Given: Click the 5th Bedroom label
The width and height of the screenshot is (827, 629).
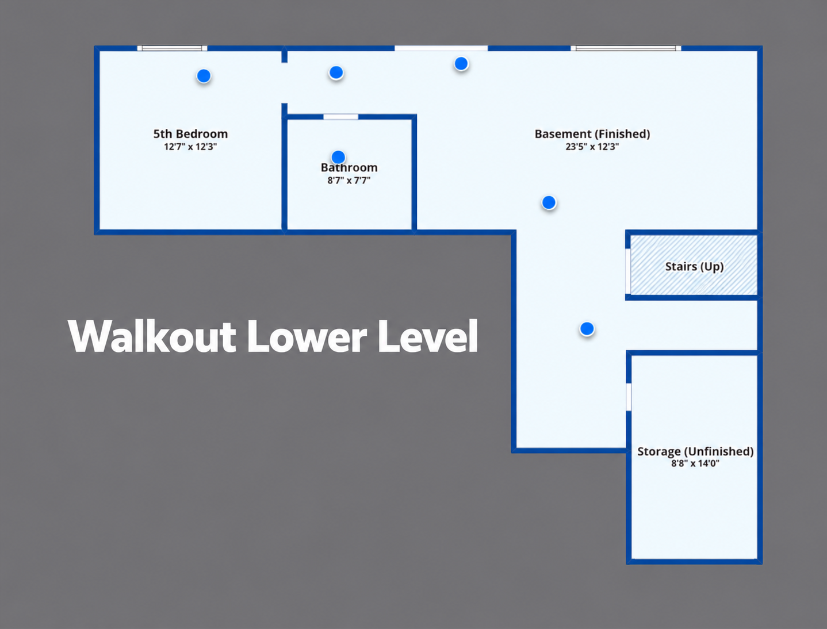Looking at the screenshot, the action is click(x=190, y=134).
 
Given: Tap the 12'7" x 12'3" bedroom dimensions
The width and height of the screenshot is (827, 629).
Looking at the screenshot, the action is click(x=190, y=147).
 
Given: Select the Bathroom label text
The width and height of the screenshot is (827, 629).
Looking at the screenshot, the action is click(x=349, y=168).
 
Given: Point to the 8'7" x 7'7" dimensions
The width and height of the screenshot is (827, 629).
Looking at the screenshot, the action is click(x=349, y=181).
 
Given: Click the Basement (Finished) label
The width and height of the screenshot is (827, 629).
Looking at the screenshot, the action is click(x=592, y=134).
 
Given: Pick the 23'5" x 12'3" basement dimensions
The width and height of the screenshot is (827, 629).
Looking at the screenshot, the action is click(x=592, y=147).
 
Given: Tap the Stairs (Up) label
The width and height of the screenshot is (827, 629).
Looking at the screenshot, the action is click(x=694, y=267).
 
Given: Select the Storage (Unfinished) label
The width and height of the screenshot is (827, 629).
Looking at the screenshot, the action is click(x=695, y=451).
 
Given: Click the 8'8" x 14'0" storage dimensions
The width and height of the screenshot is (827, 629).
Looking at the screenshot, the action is click(x=695, y=463).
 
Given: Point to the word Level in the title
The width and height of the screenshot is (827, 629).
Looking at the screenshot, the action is click(x=428, y=336).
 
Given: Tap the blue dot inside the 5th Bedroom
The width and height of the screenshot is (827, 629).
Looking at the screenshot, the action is click(x=204, y=76).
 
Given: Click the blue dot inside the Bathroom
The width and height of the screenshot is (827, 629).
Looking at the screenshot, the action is click(x=338, y=157).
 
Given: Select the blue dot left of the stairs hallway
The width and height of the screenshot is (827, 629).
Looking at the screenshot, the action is click(x=587, y=329).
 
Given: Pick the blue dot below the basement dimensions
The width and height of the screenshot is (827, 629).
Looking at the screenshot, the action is click(x=549, y=202).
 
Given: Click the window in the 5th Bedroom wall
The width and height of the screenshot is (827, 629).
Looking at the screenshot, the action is click(x=172, y=48).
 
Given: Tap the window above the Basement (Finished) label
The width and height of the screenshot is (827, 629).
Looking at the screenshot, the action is click(x=626, y=48).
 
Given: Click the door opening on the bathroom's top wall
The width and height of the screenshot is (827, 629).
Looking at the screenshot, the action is click(x=340, y=117).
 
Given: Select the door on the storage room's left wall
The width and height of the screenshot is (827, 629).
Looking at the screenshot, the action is click(x=629, y=397).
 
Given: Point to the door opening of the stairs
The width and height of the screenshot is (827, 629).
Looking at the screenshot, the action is click(x=627, y=271).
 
